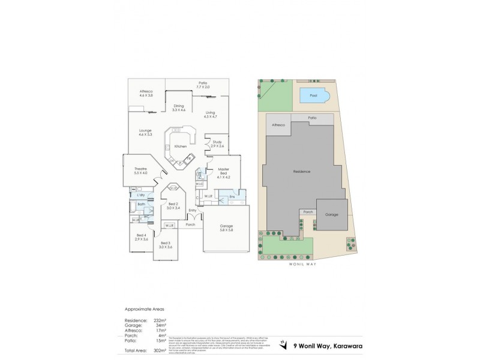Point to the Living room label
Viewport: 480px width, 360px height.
pos(210,114)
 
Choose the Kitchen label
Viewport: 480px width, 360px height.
pos(181,146)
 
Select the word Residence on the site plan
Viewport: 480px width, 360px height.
pos(301,172)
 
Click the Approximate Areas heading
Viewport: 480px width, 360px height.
pos(143,308)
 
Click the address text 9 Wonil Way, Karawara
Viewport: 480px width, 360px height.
pos(327,344)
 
